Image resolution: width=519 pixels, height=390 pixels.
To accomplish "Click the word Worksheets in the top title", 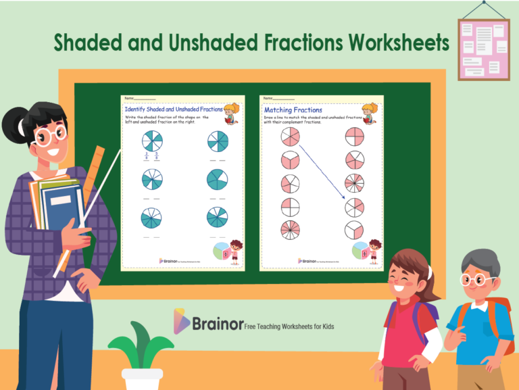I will point(398,43).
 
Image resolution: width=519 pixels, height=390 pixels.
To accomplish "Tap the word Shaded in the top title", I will point(89,43).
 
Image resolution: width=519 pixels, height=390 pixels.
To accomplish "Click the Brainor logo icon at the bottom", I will point(181,321).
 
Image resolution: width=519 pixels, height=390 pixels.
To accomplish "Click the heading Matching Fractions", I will point(293,109).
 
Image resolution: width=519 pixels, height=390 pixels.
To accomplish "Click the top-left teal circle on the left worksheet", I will point(153,143).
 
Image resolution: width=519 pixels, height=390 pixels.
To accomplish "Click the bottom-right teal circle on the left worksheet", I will point(218,218).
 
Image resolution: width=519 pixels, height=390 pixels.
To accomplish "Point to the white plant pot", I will point(143,379).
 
